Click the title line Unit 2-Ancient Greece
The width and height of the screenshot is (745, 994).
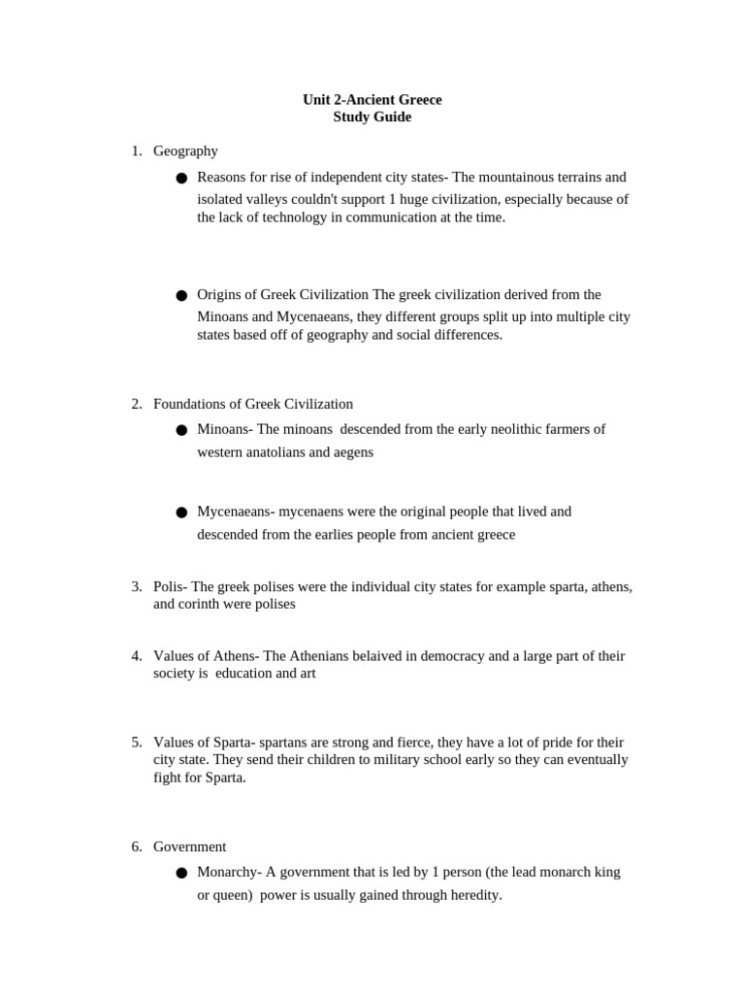[x=372, y=99]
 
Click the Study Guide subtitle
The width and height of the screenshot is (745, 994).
[x=372, y=116]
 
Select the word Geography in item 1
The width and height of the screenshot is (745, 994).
[x=185, y=150]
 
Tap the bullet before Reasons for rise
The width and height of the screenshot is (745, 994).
[x=181, y=179]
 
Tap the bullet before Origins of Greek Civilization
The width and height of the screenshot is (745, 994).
[x=181, y=295]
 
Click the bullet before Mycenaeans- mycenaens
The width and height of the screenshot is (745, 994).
[x=181, y=512]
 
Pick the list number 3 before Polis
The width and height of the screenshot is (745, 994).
[x=137, y=586]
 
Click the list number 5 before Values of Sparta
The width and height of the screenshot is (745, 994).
[x=137, y=742]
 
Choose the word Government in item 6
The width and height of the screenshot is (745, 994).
[x=189, y=846]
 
